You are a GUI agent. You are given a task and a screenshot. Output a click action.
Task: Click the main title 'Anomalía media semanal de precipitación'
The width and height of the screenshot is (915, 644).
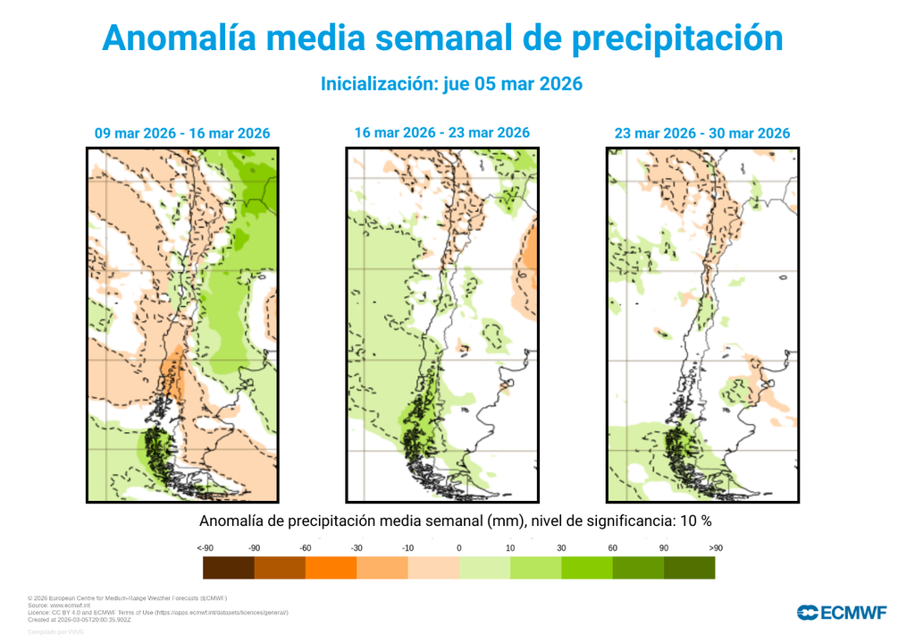pos(442,38)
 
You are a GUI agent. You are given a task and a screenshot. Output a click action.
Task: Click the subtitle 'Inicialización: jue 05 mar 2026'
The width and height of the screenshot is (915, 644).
pos(451,83)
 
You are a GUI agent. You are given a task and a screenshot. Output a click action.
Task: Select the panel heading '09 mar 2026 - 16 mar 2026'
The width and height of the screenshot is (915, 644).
pos(182,133)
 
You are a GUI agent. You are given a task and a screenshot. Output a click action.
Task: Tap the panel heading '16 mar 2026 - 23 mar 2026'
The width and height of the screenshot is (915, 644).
pos(441,132)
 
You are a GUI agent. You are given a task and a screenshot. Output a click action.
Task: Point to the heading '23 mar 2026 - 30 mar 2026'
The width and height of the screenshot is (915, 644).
pos(701,133)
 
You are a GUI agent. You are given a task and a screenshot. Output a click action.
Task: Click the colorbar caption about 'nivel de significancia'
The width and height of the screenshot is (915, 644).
pos(455,521)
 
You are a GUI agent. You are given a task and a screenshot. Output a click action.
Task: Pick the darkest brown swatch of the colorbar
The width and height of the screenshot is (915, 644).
pos(228,567)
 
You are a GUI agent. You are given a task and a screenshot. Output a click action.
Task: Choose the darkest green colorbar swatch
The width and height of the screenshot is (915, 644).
pos(689,567)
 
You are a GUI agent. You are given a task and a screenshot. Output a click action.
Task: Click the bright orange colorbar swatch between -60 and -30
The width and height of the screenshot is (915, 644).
pos(331,567)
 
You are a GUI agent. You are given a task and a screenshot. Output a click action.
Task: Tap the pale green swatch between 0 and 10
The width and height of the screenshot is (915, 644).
pos(484,567)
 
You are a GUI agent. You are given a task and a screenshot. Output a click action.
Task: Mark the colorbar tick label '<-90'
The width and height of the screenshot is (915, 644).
pos(204,547)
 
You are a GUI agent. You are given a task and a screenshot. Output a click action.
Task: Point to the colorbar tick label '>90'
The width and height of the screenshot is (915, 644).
pos(715,547)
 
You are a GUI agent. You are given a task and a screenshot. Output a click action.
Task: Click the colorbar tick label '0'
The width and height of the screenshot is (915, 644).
pos(459,547)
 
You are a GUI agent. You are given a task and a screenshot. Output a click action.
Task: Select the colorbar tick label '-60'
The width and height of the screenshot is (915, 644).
pos(305,547)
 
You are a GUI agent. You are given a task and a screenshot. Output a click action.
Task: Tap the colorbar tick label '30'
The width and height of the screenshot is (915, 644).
pos(561,547)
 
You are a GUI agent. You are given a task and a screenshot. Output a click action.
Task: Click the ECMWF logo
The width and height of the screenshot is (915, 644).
pos(842,613)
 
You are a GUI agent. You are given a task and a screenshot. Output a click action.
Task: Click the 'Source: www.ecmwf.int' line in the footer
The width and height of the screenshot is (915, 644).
pos(59,606)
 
